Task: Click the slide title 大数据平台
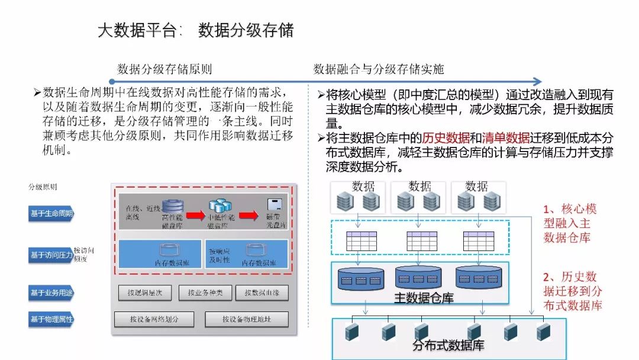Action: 137,30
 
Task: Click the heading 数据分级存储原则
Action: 164,69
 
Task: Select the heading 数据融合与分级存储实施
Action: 379,69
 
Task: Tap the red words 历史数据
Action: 446,138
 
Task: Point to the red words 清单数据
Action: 506,138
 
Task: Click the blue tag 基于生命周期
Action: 52,213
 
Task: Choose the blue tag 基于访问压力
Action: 51,255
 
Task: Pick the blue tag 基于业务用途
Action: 52,292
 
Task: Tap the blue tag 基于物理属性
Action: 52,320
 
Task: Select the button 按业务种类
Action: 205,292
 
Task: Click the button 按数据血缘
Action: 262,292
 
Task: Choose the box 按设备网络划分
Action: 154,320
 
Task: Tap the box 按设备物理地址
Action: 246,320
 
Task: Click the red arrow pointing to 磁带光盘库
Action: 248,216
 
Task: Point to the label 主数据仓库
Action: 424,298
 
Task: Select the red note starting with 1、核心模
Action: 570,223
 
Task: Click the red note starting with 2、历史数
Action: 572,291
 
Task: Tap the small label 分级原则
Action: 43,187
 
